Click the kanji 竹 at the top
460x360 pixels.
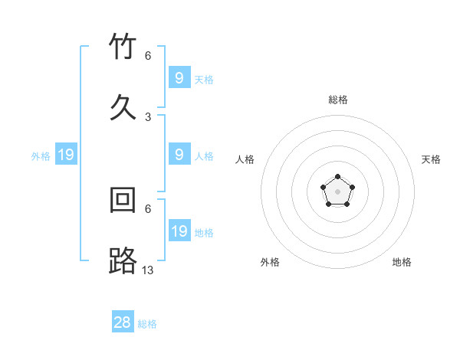pyautogui.click(x=123, y=47)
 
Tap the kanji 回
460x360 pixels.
pyautogui.click(x=123, y=200)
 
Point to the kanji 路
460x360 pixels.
pyautogui.click(x=123, y=260)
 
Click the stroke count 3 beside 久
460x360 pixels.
pyautogui.click(x=148, y=117)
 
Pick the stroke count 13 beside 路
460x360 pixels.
pyautogui.click(x=148, y=270)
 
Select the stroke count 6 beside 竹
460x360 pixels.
pyautogui.click(x=148, y=56)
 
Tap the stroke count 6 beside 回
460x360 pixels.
pyautogui.click(x=148, y=208)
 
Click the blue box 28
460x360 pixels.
pyautogui.click(x=123, y=322)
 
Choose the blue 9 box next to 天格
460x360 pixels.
pyautogui.click(x=179, y=77)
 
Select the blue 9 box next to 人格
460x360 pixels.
pyautogui.click(x=179, y=154)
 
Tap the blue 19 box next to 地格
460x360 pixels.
pyautogui.click(x=179, y=231)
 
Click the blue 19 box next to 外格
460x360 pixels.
pyautogui.click(x=66, y=155)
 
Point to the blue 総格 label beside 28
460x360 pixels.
pyautogui.click(x=147, y=324)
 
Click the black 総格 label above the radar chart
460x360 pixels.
pyautogui.click(x=338, y=100)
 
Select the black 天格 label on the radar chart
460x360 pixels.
pyautogui.click(x=432, y=159)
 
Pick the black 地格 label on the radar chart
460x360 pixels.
pyautogui.click(x=402, y=262)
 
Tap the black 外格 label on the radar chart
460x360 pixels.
pyautogui.click(x=270, y=262)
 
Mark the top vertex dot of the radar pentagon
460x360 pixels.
pyautogui.click(x=337, y=178)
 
